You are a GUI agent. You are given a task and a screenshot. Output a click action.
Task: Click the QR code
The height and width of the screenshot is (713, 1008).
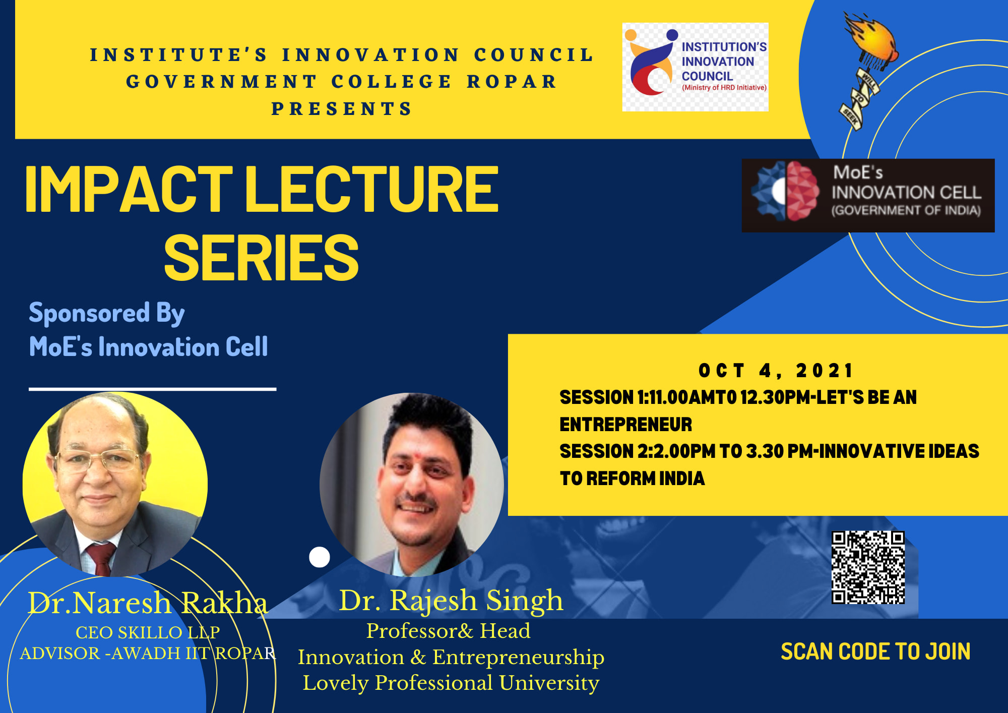(x=868, y=567)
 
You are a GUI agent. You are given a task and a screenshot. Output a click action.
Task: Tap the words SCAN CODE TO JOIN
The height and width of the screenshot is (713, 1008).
(x=875, y=651)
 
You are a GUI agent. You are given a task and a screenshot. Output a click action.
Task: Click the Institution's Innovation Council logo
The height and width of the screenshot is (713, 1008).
(x=696, y=67)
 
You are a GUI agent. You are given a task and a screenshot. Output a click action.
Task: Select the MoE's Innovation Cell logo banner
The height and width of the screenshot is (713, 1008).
(x=868, y=196)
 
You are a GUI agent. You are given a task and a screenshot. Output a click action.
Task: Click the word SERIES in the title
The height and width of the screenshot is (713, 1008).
(x=261, y=258)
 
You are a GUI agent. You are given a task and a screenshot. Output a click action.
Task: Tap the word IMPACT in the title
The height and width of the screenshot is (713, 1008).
(x=129, y=189)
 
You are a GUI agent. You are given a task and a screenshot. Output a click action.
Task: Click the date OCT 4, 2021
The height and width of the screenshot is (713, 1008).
(x=775, y=371)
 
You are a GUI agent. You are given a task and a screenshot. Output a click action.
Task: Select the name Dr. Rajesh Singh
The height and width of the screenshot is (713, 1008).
(x=451, y=600)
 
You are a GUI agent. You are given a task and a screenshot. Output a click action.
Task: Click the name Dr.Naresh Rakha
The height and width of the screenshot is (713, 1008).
(x=148, y=603)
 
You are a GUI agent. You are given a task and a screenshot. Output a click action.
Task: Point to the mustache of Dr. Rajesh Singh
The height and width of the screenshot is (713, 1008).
(x=416, y=501)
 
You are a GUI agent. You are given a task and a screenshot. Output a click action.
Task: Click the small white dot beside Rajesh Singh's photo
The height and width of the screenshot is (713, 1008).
(x=320, y=557)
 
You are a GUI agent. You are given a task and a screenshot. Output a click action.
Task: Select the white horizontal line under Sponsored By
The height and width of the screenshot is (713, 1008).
(x=153, y=389)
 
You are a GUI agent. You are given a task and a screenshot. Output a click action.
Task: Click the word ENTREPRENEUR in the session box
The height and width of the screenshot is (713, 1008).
(x=626, y=425)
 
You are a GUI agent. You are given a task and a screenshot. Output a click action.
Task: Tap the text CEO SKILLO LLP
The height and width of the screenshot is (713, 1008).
(x=148, y=632)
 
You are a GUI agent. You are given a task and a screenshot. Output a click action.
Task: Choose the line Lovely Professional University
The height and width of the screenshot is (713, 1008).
(x=451, y=683)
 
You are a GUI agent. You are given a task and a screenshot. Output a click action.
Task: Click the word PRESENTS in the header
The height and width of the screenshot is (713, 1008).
(x=342, y=109)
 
